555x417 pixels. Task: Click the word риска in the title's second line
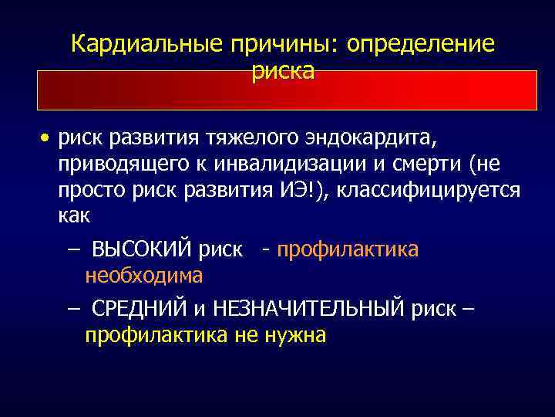pos(283,71)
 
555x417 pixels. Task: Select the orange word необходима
pos(144,276)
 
